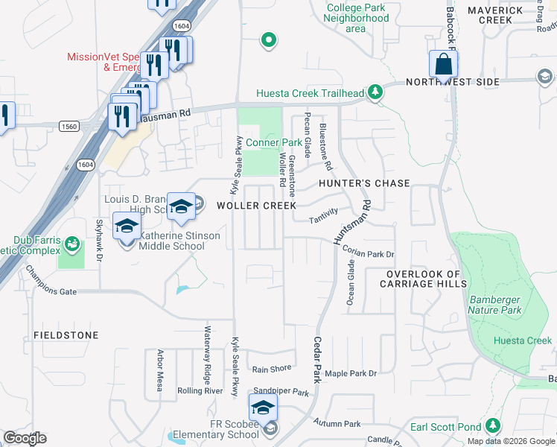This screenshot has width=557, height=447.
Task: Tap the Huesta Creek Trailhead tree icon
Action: click(x=376, y=93)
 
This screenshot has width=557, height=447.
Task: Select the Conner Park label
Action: click(x=274, y=142)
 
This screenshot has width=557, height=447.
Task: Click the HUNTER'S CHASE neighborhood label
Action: click(x=364, y=183)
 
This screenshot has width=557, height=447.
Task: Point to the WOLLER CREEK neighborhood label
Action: click(x=256, y=205)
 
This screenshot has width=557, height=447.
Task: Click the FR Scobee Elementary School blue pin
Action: click(x=263, y=408)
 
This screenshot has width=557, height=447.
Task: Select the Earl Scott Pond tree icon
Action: click(x=492, y=427)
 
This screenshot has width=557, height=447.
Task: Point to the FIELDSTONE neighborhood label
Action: click(x=66, y=336)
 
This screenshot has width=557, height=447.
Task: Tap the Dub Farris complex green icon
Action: click(x=72, y=244)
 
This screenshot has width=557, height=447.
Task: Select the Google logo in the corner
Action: click(x=25, y=438)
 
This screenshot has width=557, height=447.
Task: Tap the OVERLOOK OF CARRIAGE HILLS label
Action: click(x=423, y=279)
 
